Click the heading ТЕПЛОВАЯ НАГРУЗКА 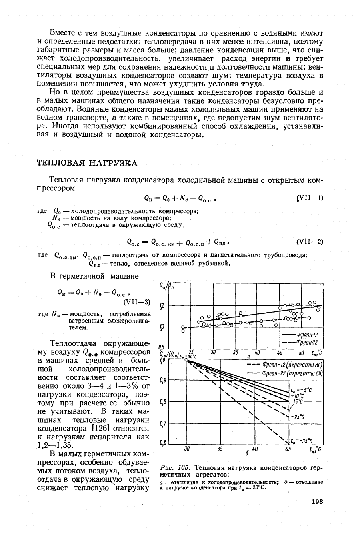click(x=87, y=163)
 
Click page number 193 click(x=317, y=502)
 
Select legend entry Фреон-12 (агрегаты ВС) click(x=296, y=365)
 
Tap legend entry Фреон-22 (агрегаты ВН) click(x=296, y=373)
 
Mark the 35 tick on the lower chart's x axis click(x=220, y=449)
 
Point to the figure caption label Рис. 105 click(x=172, y=467)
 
